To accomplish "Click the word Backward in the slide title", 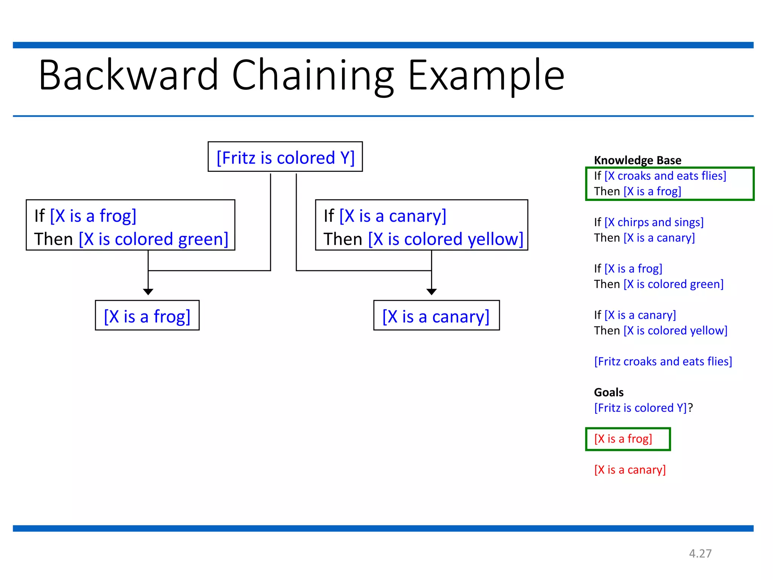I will pyautogui.click(x=128, y=76).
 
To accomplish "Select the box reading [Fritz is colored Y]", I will pyautogui.click(x=285, y=157).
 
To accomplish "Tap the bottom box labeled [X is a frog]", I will pyautogui.click(x=147, y=316).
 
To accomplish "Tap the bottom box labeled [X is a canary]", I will pyautogui.click(x=436, y=316).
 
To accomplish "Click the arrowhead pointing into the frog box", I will pyautogui.click(x=148, y=292).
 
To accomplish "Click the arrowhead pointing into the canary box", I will pyautogui.click(x=431, y=292).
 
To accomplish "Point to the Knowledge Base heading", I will pyautogui.click(x=637, y=160).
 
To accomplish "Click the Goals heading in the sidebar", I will pyautogui.click(x=608, y=392).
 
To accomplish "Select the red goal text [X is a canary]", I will pyautogui.click(x=630, y=470).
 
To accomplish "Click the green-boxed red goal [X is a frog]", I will pyautogui.click(x=623, y=439).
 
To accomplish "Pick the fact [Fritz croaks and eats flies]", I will pyautogui.click(x=663, y=361).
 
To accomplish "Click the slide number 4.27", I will pyautogui.click(x=700, y=554).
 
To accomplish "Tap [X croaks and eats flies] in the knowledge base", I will pyautogui.click(x=665, y=176).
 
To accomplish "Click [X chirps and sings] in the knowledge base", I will pyautogui.click(x=654, y=222).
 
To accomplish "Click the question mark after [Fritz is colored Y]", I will pyautogui.click(x=690, y=408).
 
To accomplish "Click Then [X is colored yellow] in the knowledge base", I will pyautogui.click(x=661, y=331).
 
